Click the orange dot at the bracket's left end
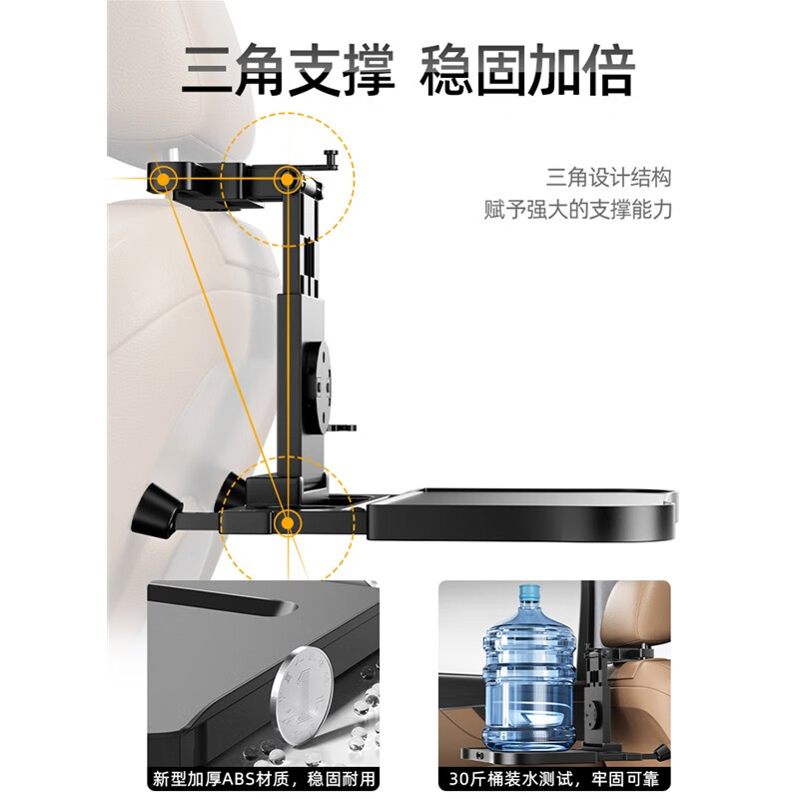click(x=160, y=180)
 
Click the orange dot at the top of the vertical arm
click(x=289, y=180)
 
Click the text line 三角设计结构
click(x=608, y=178)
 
